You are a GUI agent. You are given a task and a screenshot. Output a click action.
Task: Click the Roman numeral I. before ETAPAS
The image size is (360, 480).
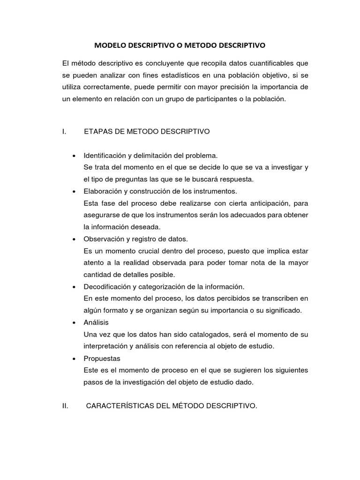pyautogui.click(x=63, y=132)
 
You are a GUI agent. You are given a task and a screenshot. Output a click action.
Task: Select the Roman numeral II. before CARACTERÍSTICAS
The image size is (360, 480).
pyautogui.click(x=65, y=406)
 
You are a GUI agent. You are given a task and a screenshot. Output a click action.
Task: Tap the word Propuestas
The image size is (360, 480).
pyautogui.click(x=102, y=359)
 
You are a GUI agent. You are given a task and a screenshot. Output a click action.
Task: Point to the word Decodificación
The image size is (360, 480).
pyautogui.click(x=107, y=286)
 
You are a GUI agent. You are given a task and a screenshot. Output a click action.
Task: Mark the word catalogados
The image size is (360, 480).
pyautogui.click(x=190, y=335)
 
